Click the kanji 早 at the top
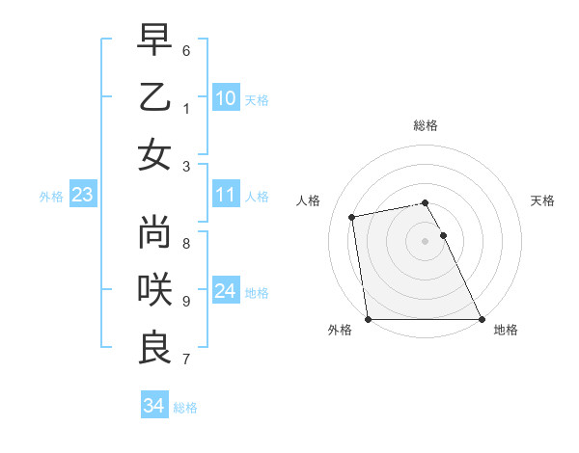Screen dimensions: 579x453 (x=154, y=41)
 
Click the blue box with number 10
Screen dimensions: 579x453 (x=225, y=97)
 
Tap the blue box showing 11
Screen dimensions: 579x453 (x=225, y=196)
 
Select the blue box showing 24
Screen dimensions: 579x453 (x=225, y=292)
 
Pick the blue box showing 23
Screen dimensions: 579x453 (x=82, y=196)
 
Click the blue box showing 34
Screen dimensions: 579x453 (x=153, y=406)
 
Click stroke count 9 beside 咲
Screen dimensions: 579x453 (x=186, y=301)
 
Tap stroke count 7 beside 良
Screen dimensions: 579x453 (x=186, y=360)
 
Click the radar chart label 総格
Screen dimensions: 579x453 (x=426, y=126)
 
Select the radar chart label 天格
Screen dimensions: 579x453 (x=542, y=200)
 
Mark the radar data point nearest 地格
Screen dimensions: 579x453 (x=482, y=319)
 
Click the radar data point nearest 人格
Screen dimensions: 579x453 (x=353, y=217)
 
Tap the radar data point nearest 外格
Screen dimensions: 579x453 (x=368, y=319)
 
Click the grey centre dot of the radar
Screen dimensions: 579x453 (x=425, y=241)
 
